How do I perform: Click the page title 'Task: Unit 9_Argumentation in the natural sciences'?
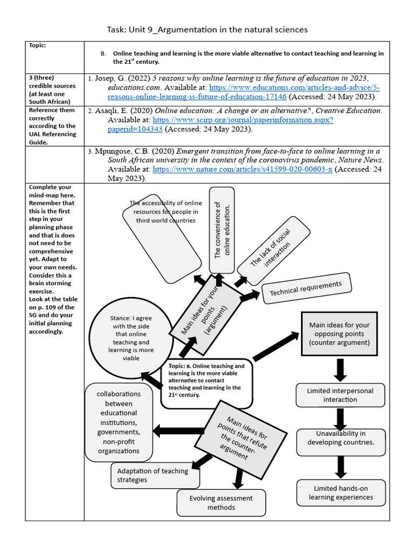[207, 29]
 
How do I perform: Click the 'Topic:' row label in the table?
[37, 45]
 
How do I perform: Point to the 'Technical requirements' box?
[306, 288]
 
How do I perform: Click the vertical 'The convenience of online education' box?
[222, 230]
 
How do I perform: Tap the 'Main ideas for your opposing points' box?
[339, 333]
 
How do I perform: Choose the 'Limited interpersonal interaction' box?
[340, 395]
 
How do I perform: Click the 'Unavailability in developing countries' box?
[340, 438]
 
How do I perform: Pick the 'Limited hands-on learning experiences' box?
[340, 493]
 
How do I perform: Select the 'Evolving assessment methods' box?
[220, 502]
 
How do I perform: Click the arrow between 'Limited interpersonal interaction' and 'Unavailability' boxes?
[340, 418]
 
